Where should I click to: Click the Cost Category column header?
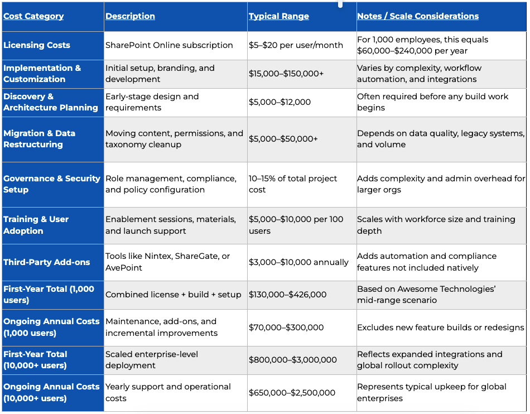(33, 16)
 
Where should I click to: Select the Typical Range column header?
(279, 16)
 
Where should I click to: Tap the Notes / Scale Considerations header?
(418, 16)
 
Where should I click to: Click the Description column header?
(130, 16)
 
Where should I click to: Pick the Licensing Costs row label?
(37, 45)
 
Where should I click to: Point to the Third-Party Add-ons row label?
(47, 262)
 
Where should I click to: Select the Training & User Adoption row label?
(36, 225)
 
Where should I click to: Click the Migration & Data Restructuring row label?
(40, 139)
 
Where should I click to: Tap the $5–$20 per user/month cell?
(296, 45)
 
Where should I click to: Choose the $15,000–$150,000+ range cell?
(286, 74)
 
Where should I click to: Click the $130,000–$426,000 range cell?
(288, 295)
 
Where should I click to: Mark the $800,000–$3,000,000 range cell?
(293, 360)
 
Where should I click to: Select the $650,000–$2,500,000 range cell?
(292, 393)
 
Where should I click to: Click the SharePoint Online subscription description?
(169, 45)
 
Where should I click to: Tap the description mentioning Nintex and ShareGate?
(168, 262)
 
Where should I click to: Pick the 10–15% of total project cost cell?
(293, 184)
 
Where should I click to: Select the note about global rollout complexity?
(430, 360)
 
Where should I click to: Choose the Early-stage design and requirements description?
(152, 102)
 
